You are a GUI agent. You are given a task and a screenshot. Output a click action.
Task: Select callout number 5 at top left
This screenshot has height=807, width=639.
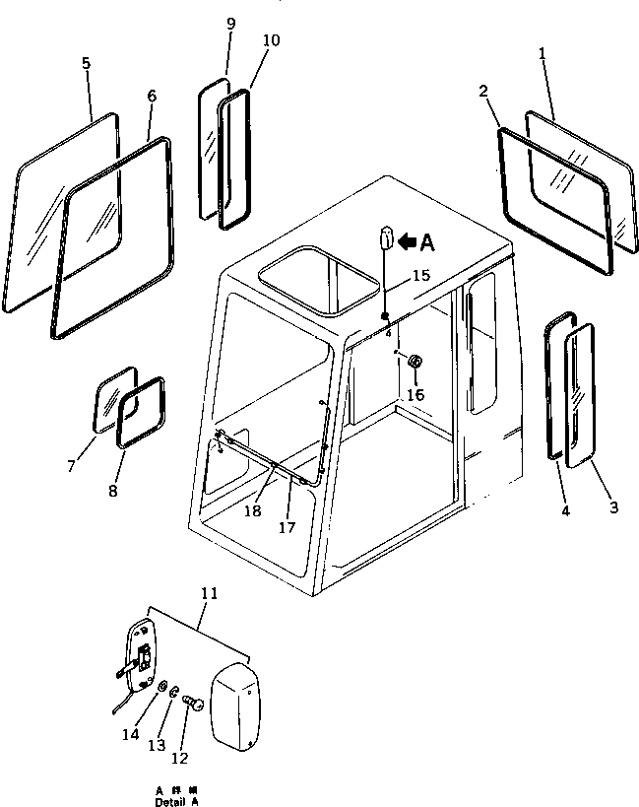86,63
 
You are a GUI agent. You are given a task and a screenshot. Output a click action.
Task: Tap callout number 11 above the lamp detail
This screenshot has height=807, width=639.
209,593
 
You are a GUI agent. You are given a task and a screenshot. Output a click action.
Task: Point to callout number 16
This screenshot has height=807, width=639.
415,394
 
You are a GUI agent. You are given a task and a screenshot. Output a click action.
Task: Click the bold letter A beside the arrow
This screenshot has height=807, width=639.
426,240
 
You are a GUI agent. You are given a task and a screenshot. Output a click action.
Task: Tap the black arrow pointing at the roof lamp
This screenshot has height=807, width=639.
405,240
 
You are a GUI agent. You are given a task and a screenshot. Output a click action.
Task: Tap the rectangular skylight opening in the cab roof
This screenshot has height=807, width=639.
319,281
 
